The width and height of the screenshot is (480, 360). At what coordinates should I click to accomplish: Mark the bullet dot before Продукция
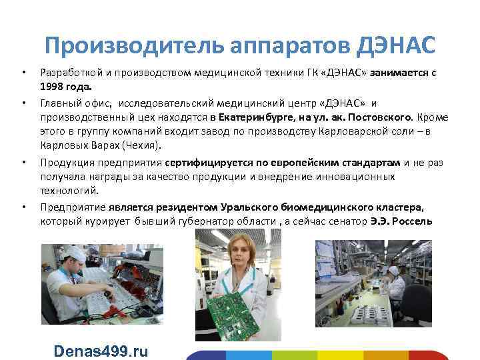23,163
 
